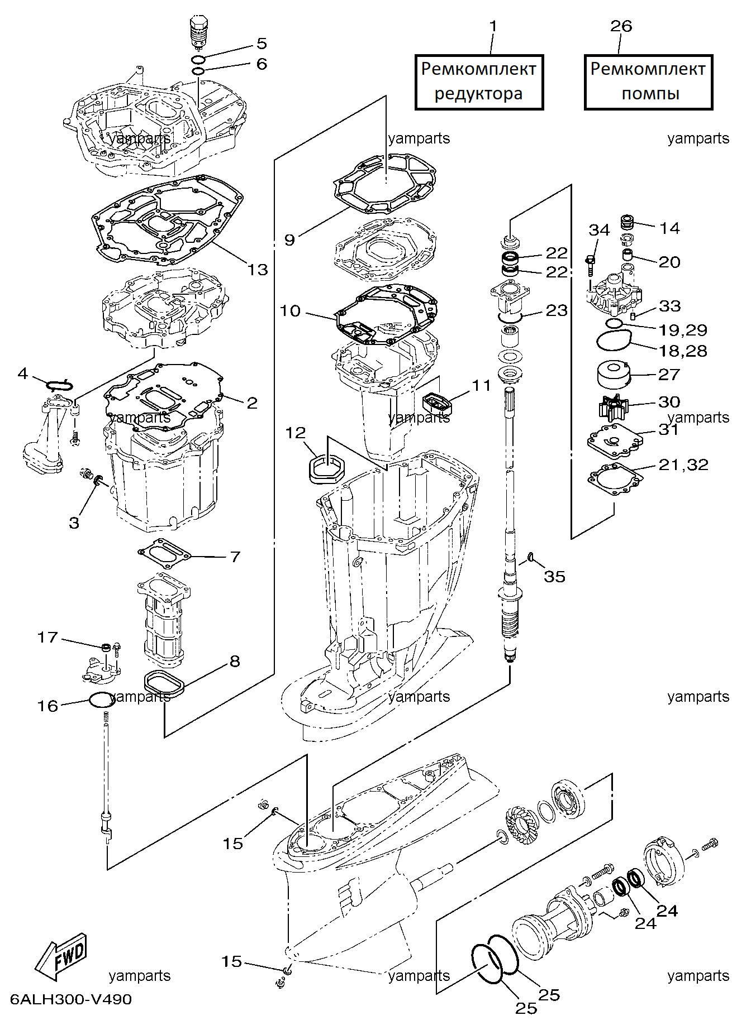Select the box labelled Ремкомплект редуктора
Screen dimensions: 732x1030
479,82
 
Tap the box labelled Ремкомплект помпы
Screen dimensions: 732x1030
649,82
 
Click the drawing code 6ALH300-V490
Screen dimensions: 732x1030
71,999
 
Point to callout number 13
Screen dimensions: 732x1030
258,270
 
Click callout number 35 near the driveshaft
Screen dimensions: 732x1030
554,576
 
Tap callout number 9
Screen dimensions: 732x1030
289,239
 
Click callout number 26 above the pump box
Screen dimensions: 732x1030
621,26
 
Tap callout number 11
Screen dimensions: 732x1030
481,385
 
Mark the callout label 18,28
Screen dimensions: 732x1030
683,351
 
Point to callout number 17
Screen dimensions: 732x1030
47,637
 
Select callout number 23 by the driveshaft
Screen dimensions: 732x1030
557,310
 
